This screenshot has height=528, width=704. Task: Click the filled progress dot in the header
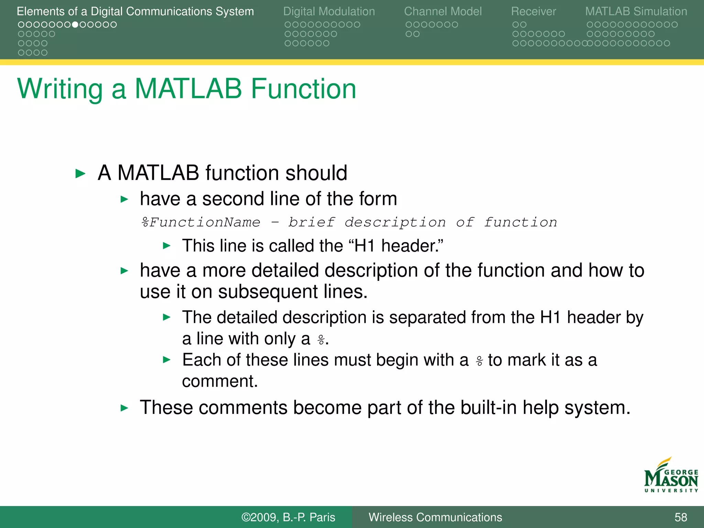(x=75, y=25)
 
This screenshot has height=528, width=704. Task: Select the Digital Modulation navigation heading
(x=329, y=11)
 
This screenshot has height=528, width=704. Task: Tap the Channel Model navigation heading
(x=443, y=11)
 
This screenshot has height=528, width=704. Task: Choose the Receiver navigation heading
(x=533, y=11)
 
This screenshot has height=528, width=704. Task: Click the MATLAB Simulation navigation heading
(x=636, y=11)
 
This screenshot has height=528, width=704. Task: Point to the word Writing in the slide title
(x=60, y=89)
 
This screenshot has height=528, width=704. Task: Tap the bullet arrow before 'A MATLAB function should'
(x=80, y=173)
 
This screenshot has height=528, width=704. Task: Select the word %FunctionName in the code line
(x=201, y=222)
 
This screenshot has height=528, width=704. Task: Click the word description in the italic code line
(x=395, y=222)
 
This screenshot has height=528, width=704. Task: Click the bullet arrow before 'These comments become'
(x=124, y=408)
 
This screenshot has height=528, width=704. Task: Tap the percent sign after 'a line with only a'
(x=321, y=340)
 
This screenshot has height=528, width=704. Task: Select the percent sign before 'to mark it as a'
(x=479, y=361)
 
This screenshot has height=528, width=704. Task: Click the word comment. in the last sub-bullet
(x=220, y=381)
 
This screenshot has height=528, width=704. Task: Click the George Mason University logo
(x=671, y=476)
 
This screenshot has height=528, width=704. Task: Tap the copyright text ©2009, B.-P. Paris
(x=288, y=517)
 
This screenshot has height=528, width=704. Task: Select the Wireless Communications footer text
(x=435, y=517)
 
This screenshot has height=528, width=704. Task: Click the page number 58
(x=681, y=517)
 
